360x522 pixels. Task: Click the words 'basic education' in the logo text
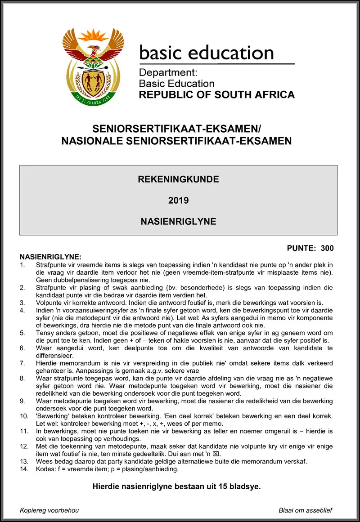pos(206,53)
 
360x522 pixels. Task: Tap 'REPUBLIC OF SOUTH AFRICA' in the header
pos(216,95)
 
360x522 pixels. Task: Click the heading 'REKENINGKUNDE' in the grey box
pos(178,179)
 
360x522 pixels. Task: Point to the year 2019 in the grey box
pos(178,201)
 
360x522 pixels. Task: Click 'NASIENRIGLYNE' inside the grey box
pos(178,222)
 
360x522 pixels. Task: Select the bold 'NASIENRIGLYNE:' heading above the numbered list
pos(50,257)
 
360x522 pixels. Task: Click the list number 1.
pos(22,265)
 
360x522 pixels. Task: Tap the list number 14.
pos(24,469)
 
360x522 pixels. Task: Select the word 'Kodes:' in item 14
pos(46,469)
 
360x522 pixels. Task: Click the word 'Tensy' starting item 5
pos(45,333)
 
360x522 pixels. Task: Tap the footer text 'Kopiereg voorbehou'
pos(49,510)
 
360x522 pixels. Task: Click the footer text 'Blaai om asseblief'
pos(306,510)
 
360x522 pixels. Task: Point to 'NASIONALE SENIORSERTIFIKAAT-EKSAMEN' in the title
pos(176,141)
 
